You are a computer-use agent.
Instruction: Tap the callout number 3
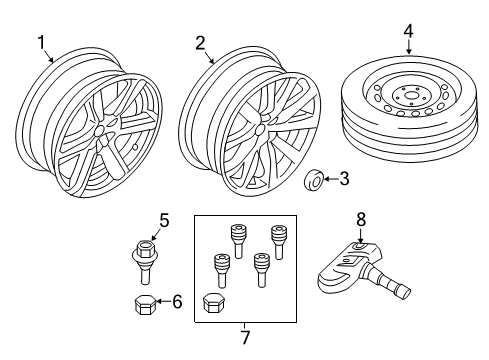click(x=344, y=180)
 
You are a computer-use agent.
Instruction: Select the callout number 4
click(x=408, y=32)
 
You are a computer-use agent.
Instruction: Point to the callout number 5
click(x=165, y=221)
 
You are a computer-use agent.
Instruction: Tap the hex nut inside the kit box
click(x=212, y=302)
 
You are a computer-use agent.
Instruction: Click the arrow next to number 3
click(x=331, y=181)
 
